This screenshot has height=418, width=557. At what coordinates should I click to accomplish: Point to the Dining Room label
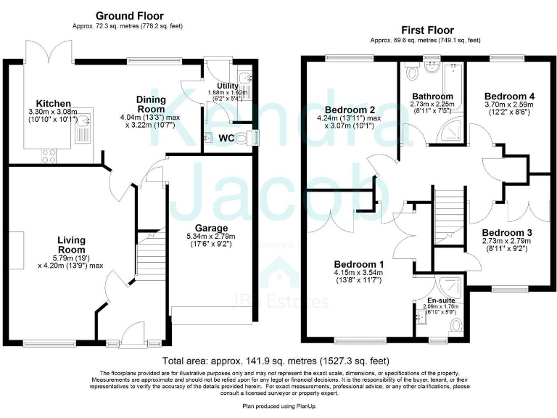(151, 104)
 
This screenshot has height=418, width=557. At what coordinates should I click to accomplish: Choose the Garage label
(211, 229)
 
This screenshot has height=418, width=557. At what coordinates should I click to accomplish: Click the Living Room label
(73, 245)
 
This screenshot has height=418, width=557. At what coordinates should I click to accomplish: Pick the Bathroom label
(432, 96)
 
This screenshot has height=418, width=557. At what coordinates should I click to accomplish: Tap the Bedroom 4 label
(509, 96)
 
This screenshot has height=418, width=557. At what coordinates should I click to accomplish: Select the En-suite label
(442, 299)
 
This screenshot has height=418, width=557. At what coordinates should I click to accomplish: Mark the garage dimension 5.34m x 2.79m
(211, 237)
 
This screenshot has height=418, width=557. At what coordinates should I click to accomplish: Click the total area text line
(276, 360)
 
